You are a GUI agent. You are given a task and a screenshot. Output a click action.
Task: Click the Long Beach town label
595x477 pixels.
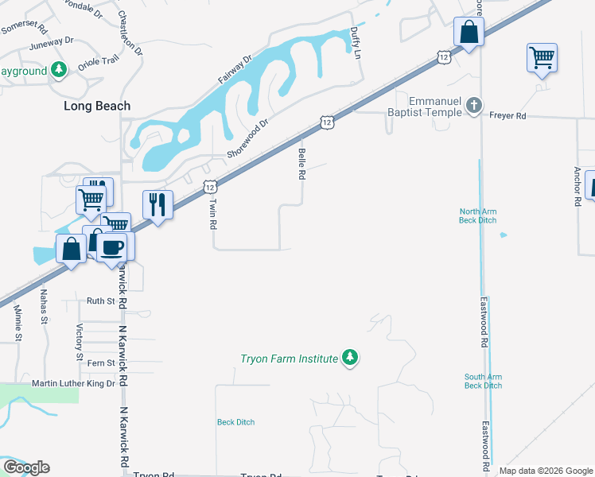[97, 106]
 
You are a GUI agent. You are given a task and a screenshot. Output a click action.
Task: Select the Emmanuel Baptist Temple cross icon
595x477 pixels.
[474, 107]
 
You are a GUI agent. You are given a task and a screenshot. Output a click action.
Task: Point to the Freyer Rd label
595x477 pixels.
[509, 116]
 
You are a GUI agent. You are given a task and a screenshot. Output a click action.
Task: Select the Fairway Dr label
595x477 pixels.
[235, 70]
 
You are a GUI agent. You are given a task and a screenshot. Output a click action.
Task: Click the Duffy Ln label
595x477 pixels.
[356, 42]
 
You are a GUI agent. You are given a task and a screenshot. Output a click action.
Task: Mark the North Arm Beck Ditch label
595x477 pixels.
[478, 215]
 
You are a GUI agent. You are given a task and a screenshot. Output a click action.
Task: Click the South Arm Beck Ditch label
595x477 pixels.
[484, 381]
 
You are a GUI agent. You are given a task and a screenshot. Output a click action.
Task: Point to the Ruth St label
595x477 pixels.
[101, 301]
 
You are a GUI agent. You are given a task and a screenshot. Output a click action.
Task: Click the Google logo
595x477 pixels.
[26, 467]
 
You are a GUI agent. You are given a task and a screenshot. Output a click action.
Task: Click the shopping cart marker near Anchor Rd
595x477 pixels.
[542, 58]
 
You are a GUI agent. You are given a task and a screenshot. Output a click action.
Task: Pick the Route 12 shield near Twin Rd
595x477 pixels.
[208, 187]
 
